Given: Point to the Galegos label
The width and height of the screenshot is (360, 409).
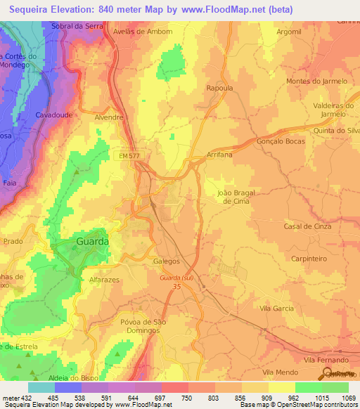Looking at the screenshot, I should tap(167, 260).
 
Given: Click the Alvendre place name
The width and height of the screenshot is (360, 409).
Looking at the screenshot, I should tap(109, 118).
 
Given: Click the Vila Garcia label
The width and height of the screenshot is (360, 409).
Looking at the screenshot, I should tap(277, 309).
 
